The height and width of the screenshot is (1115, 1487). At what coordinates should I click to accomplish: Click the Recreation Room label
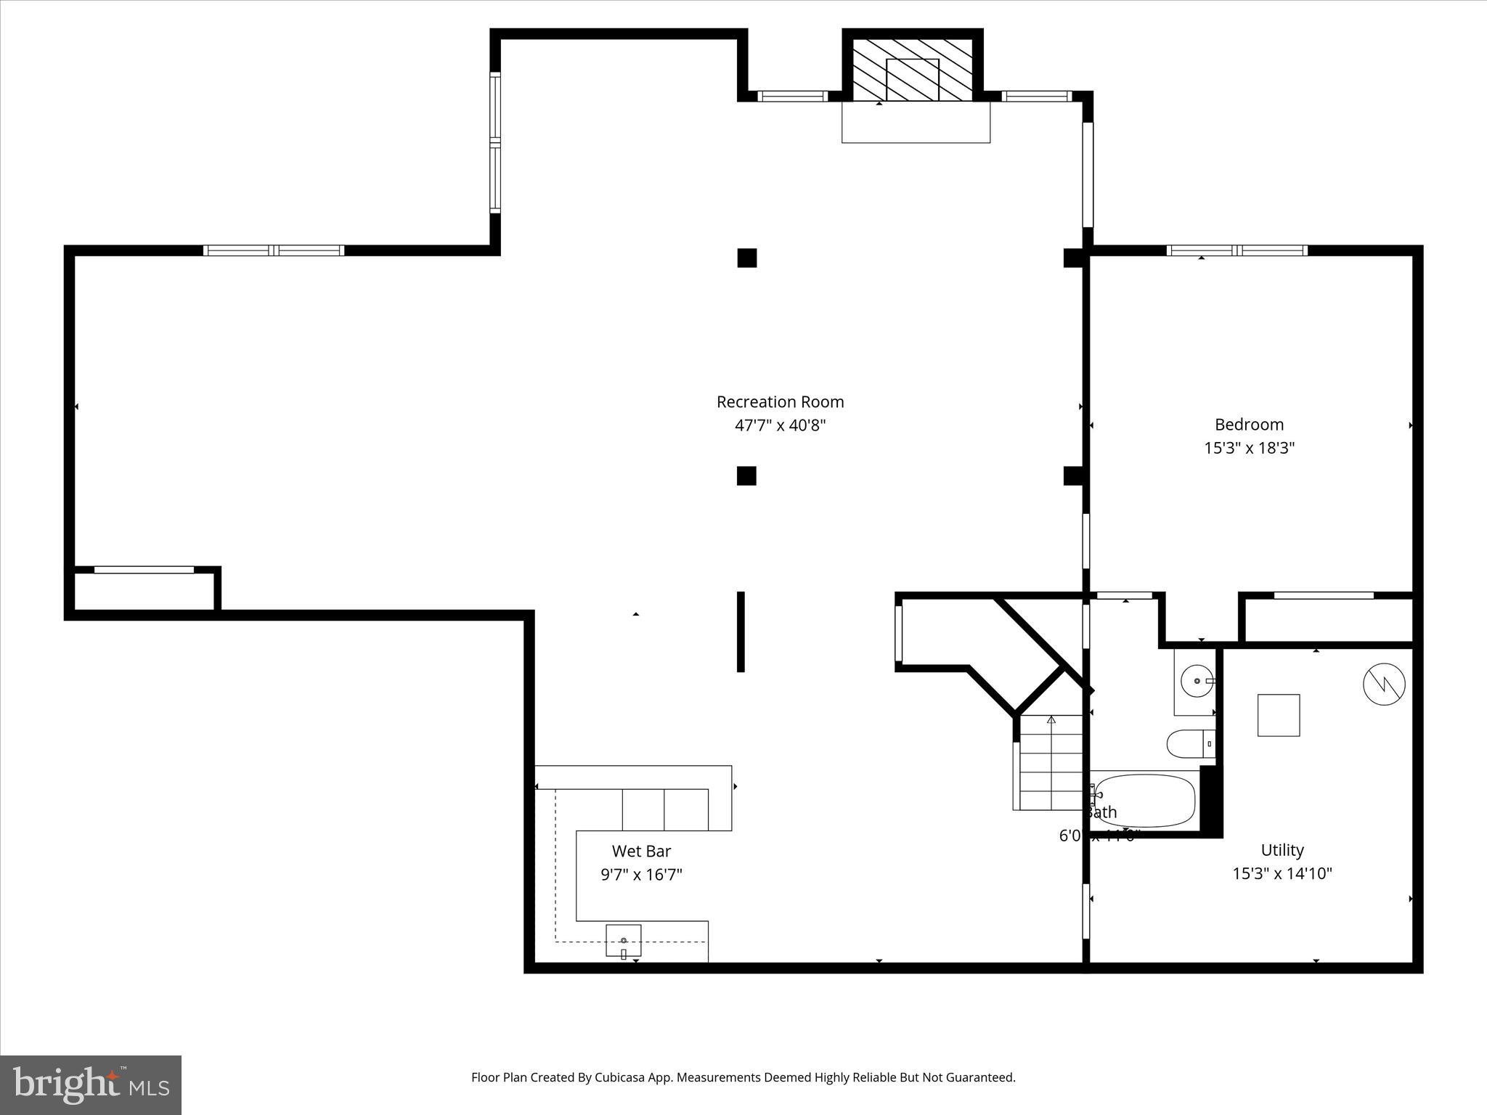(x=780, y=401)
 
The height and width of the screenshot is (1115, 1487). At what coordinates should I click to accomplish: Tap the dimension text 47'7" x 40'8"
(x=780, y=425)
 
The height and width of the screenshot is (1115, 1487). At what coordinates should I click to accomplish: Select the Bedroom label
(x=1249, y=425)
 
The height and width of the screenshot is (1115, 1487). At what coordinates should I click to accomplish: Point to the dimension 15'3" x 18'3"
(x=1249, y=448)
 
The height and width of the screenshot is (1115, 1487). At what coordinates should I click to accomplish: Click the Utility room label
(x=1282, y=850)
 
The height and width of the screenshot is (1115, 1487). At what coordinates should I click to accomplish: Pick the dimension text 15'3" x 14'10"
(x=1282, y=873)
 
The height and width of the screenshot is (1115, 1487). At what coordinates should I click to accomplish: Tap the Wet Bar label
(x=641, y=851)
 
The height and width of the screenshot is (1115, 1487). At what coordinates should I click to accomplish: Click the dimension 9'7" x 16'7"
(x=641, y=875)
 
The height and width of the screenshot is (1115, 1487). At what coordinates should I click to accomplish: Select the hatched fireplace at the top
(x=912, y=70)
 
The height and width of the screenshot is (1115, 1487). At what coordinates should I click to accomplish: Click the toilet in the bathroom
(x=1190, y=743)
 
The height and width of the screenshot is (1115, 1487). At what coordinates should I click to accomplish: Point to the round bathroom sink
(x=1195, y=682)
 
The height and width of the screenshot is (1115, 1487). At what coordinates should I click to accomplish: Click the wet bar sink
(x=624, y=941)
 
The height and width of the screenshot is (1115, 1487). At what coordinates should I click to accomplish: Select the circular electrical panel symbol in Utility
(x=1384, y=683)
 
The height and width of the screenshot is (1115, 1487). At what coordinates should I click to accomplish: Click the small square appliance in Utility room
(x=1278, y=715)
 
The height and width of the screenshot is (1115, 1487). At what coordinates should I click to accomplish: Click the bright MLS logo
(x=91, y=1085)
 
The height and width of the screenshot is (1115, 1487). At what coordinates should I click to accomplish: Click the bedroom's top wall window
(x=1237, y=250)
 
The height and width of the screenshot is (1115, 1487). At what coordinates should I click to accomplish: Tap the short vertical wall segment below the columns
(x=741, y=632)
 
